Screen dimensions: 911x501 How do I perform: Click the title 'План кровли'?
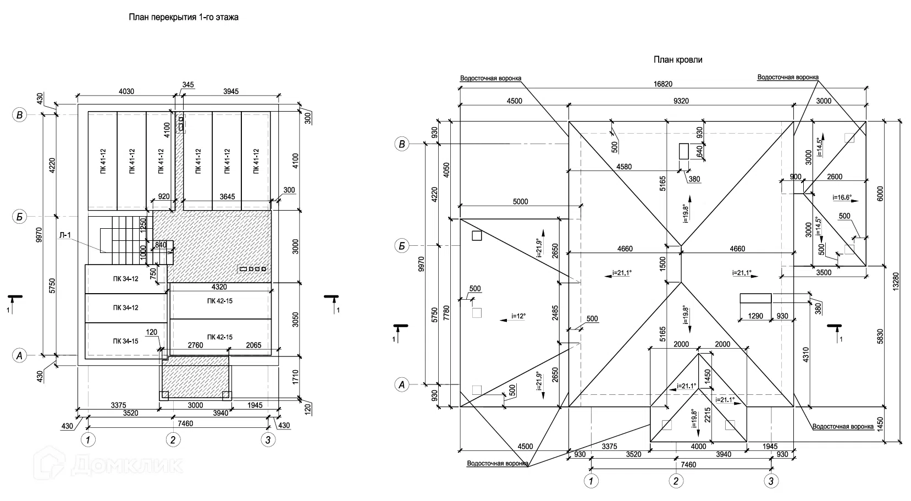[677, 60]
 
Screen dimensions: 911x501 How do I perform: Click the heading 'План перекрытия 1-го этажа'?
[184, 17]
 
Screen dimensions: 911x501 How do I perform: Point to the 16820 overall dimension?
[663, 84]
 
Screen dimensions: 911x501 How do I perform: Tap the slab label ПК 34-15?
[126, 341]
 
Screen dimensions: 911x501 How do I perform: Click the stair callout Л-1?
[65, 235]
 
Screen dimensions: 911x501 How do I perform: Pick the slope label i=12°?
[518, 316]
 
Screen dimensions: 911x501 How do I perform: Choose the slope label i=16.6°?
[842, 197]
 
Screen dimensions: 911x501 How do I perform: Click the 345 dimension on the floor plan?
[188, 85]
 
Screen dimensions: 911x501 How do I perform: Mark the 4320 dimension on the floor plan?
[219, 287]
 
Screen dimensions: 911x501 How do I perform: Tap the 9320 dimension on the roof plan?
[681, 101]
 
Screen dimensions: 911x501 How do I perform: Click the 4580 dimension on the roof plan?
[624, 167]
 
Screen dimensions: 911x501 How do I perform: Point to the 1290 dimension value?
[755, 316]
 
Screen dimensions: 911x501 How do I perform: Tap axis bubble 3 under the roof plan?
[771, 482]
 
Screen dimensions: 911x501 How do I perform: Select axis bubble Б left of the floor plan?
[20, 217]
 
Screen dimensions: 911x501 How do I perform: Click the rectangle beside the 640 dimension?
[684, 151]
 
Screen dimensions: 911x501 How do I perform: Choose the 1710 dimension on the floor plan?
[296, 377]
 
